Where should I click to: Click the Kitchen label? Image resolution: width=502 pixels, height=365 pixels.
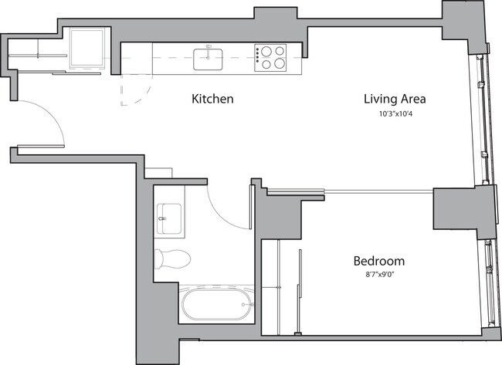(x=212, y=100)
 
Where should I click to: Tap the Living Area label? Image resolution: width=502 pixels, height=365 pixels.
(x=395, y=100)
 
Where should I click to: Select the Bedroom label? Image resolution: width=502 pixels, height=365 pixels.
(x=378, y=261)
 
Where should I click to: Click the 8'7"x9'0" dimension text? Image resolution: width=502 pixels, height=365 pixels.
(x=378, y=275)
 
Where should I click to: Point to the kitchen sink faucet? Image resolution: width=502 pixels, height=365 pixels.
(x=209, y=47)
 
